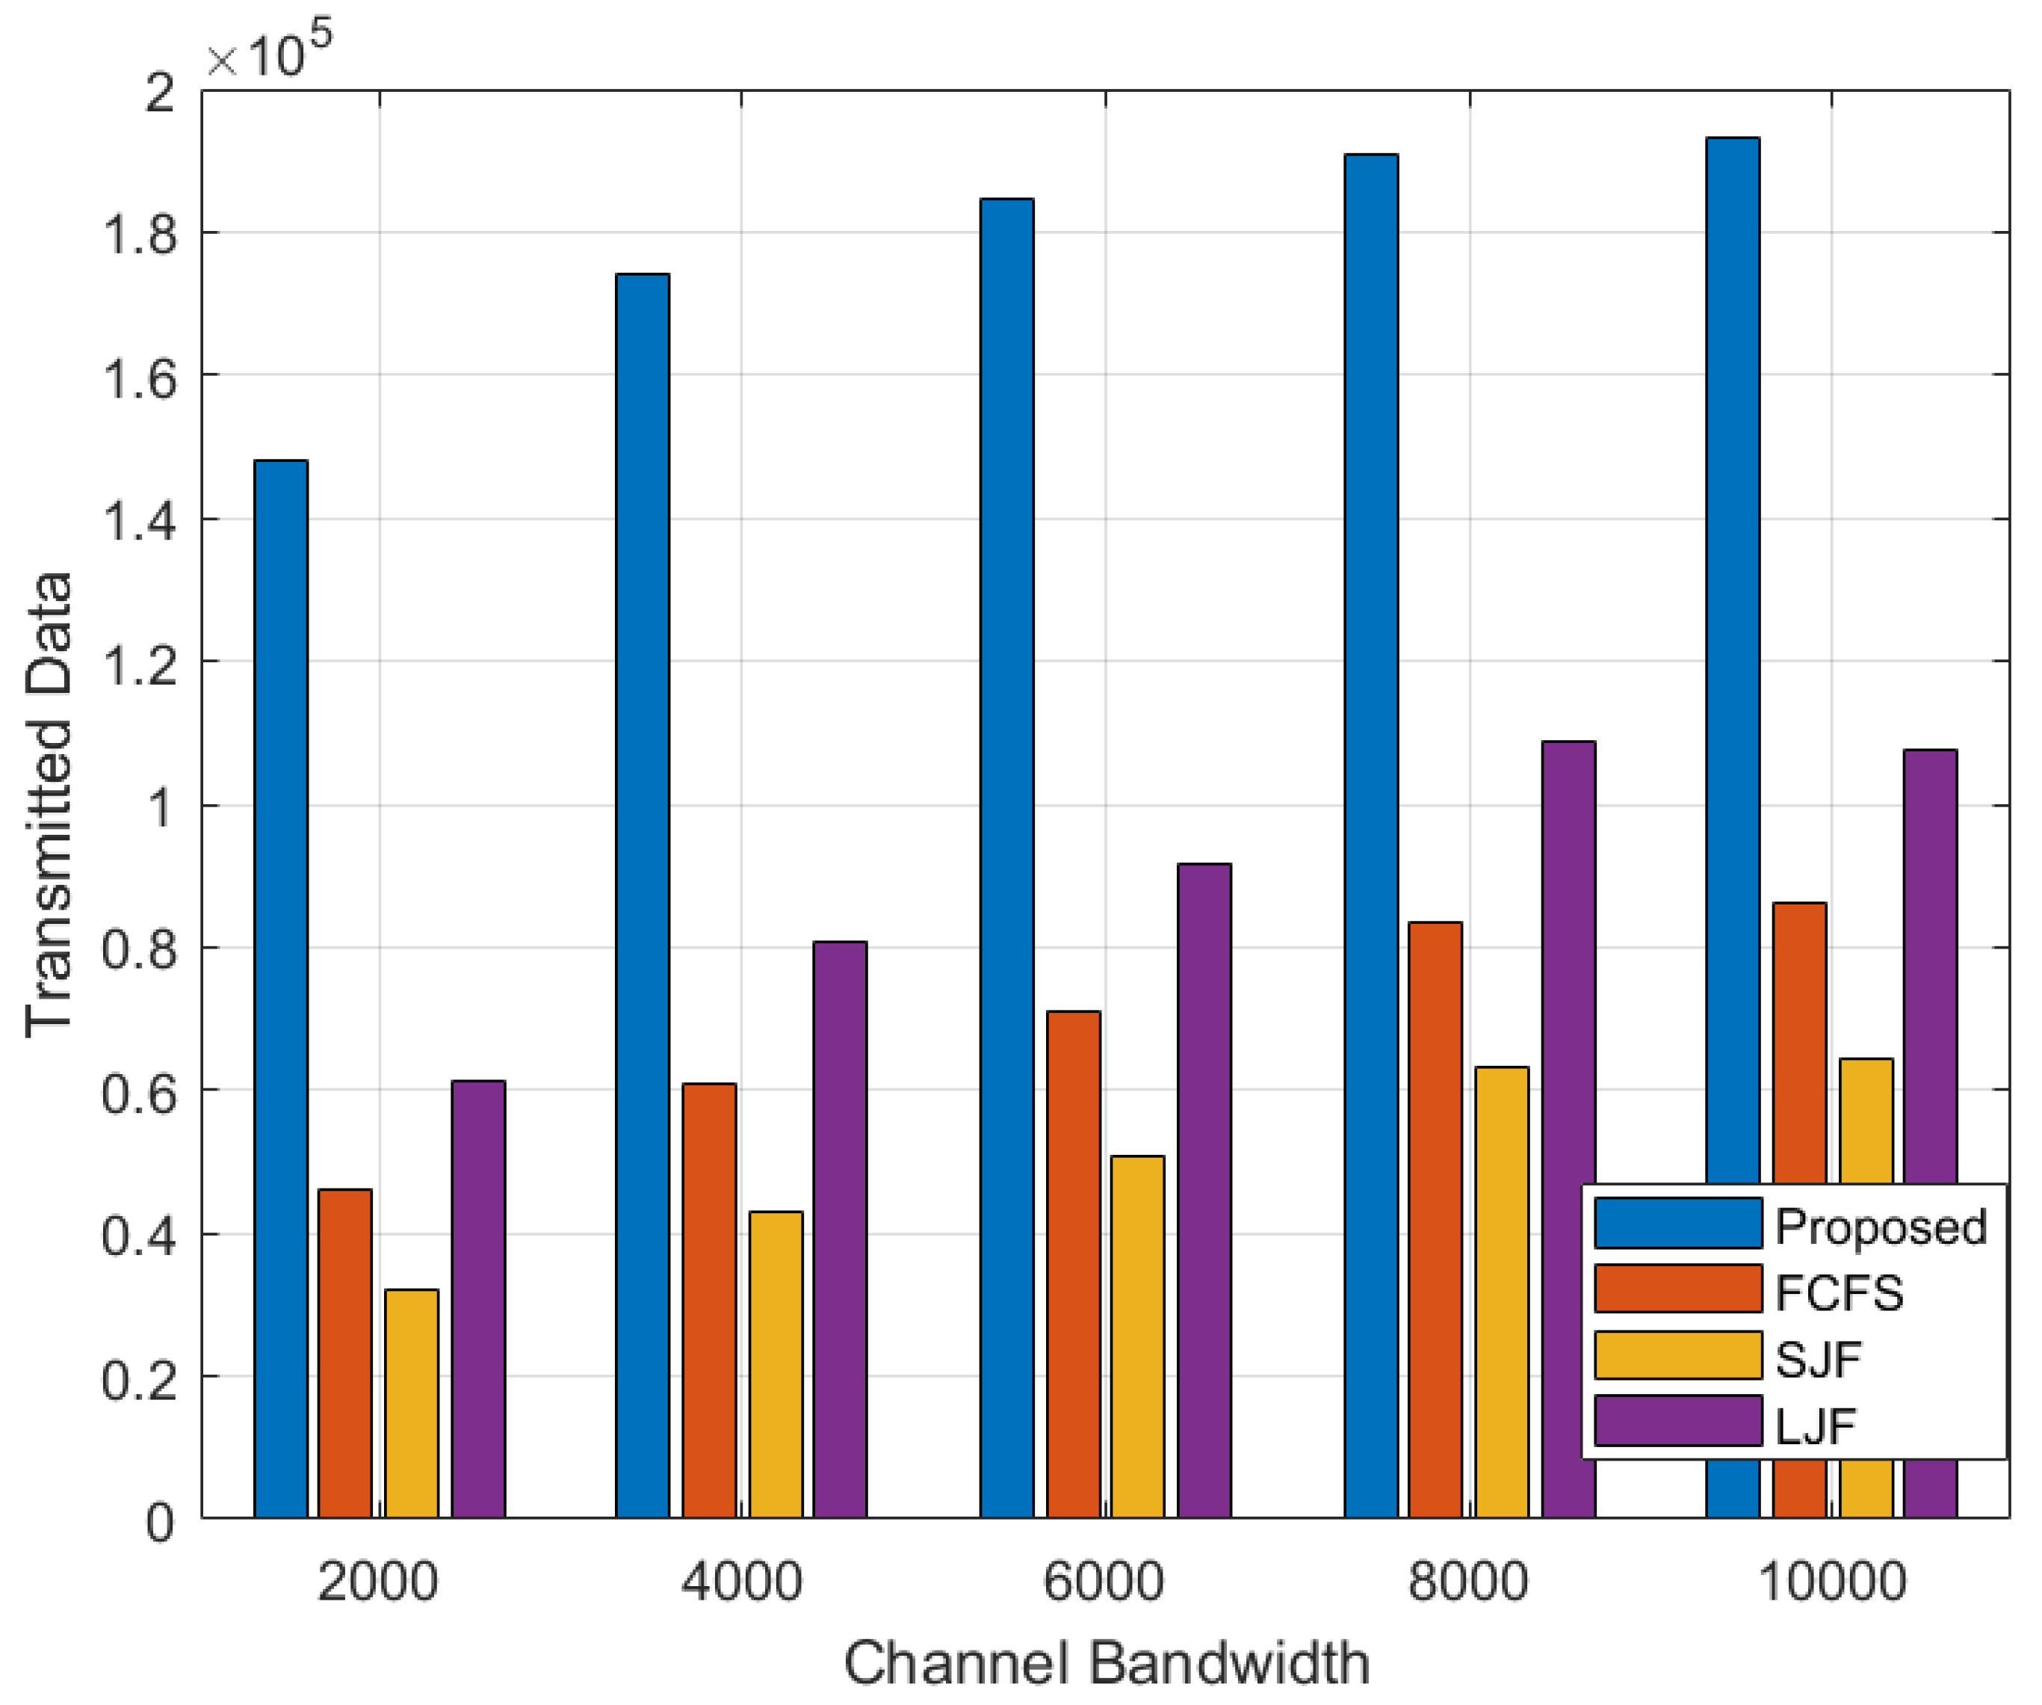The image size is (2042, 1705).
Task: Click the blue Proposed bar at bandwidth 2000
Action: (281, 987)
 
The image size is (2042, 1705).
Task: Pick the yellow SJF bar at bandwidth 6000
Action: (1138, 1336)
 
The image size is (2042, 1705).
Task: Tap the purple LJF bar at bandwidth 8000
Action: (1568, 1128)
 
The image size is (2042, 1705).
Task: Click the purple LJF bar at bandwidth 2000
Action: (478, 1298)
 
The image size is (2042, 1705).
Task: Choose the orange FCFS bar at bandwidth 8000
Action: (1435, 1218)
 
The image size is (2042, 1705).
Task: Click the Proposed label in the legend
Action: (1881, 1227)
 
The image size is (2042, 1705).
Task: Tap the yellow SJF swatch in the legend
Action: (1677, 1356)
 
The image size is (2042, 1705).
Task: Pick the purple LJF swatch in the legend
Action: (1677, 1421)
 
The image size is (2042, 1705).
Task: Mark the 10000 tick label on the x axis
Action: (1832, 1582)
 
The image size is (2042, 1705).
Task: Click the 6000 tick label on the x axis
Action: (1104, 1582)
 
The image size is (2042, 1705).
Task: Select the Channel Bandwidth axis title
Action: (1106, 1662)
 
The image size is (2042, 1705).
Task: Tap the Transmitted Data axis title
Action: (49, 804)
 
